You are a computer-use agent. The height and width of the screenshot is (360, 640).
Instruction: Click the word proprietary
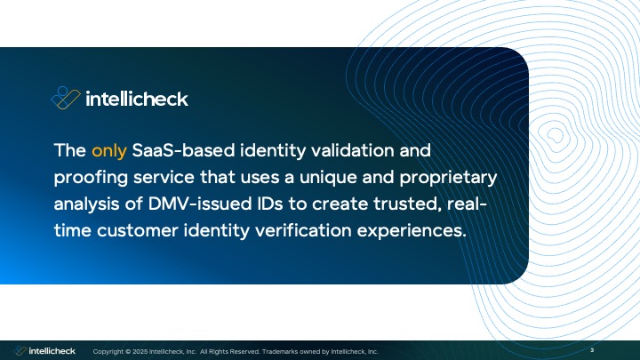[x=438, y=176]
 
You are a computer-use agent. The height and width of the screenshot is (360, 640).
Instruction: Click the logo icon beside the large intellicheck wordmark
[x=66, y=98]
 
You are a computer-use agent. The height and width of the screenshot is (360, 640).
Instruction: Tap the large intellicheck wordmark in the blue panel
[x=136, y=99]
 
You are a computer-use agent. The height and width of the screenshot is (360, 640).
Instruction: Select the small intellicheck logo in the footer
[x=44, y=351]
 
